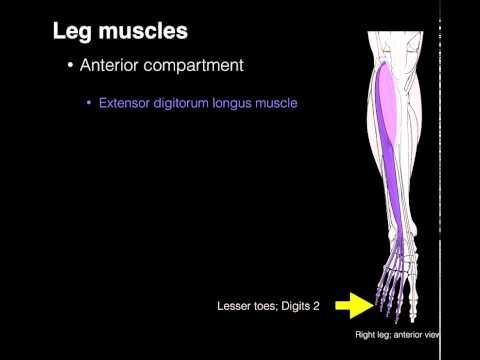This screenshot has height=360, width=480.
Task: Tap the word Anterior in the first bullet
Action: pos(112,67)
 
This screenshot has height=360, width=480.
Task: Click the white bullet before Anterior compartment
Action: pos(69,67)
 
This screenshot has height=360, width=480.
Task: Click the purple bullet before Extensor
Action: pos(89,103)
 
